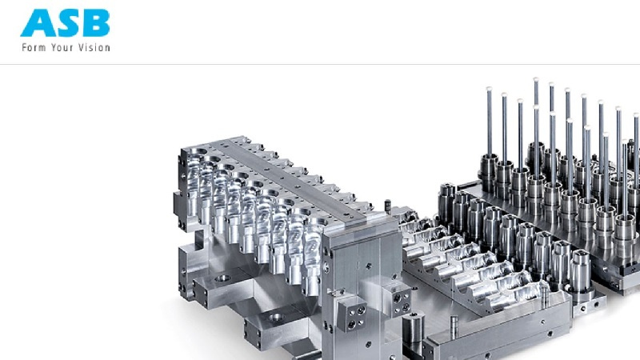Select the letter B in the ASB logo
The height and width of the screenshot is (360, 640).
(x=95, y=23)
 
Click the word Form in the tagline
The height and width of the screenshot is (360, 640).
(x=34, y=47)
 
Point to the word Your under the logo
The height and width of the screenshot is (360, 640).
(x=62, y=47)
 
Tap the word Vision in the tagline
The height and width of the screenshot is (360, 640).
(x=94, y=47)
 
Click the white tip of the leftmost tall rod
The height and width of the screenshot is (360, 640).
(x=489, y=89)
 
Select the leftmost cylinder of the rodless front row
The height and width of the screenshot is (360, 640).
(x=447, y=203)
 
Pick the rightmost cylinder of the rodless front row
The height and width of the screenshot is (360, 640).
(x=580, y=270)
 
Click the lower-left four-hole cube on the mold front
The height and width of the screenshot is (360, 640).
(x=351, y=313)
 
